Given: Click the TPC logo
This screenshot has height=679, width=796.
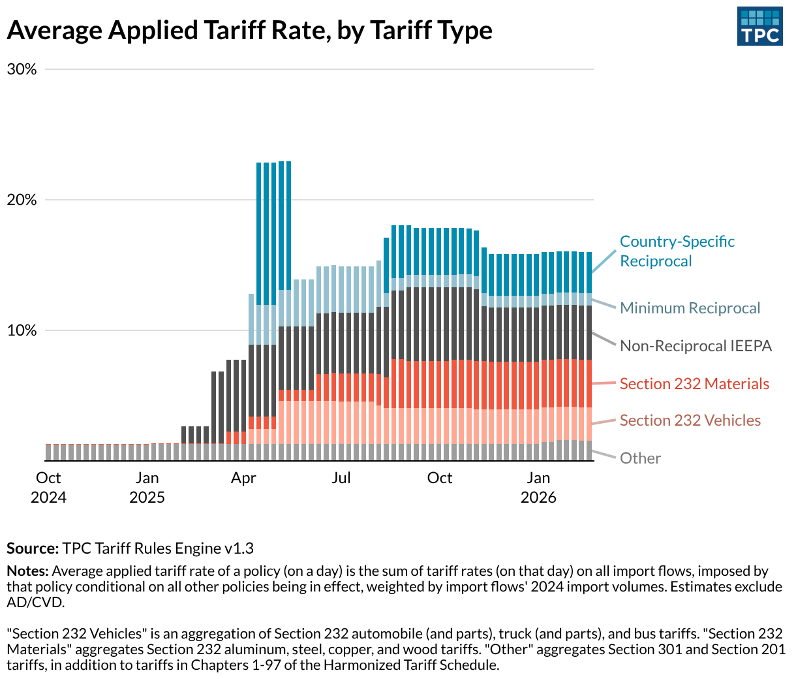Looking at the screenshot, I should [x=759, y=27].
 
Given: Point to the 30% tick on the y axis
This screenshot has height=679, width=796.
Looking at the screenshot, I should [x=22, y=69].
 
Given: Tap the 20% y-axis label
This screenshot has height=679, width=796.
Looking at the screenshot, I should [x=22, y=200].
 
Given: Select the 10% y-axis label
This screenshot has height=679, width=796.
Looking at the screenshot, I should [x=22, y=330].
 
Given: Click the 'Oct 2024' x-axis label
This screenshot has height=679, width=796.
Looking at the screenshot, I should [x=48, y=487].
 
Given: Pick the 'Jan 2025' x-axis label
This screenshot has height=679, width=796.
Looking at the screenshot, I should [x=147, y=487].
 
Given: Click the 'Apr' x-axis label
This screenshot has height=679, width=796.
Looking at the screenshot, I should [x=243, y=478].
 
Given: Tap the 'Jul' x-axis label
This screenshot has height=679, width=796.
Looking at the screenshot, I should [x=341, y=478].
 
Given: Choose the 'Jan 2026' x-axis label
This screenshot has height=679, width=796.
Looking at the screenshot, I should [x=538, y=487].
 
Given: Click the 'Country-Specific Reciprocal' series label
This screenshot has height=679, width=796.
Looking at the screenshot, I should [x=677, y=251].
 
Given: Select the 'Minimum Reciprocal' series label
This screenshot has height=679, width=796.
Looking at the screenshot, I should [x=690, y=308].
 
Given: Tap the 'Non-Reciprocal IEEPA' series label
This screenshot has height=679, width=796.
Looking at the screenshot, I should [x=696, y=346].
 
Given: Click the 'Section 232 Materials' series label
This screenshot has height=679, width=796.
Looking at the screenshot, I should [x=694, y=384].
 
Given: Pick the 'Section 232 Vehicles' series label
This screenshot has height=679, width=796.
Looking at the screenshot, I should [x=690, y=420].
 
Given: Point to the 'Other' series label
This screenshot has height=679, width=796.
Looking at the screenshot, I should [x=640, y=458].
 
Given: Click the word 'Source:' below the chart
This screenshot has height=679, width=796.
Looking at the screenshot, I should [x=33, y=548].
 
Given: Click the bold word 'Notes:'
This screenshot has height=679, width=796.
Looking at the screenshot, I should [x=27, y=571].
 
